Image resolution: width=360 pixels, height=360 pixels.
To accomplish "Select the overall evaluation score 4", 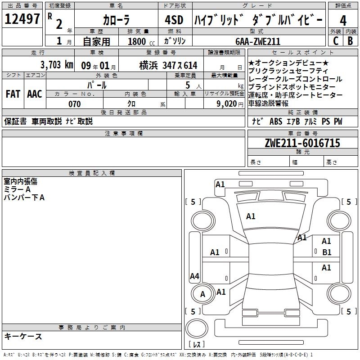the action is (x=343, y=20).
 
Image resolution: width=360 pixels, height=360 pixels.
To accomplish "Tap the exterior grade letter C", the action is (x=335, y=40).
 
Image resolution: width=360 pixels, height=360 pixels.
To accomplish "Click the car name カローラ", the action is (x=117, y=20).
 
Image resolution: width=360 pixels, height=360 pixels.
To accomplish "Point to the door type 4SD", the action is (x=175, y=20).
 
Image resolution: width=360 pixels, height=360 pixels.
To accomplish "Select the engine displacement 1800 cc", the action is (x=137, y=41).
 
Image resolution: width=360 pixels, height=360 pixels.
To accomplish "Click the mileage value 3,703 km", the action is (x=56, y=65).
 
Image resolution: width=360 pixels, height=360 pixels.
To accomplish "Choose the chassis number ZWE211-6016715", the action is (x=302, y=143).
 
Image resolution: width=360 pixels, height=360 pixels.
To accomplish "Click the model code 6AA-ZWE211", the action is (x=258, y=41).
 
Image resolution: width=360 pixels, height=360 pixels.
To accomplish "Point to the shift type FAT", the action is (x=13, y=94).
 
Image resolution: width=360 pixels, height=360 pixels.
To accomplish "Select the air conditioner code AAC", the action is (x=34, y=94).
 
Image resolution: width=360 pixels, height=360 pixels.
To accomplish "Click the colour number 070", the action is (x=75, y=104).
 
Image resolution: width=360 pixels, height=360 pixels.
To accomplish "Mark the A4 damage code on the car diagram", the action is (x=194, y=276).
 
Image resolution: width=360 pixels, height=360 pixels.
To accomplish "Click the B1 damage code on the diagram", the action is (x=327, y=252).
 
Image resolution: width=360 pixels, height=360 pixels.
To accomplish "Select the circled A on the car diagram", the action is (x=202, y=294).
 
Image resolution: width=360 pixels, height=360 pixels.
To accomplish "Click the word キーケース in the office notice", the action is (x=23, y=337).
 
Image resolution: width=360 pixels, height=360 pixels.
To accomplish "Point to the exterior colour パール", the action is (x=97, y=85).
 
